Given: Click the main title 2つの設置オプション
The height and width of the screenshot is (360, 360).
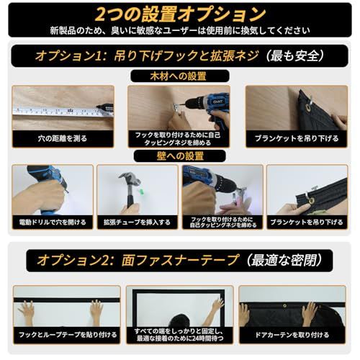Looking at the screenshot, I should [x=179, y=14].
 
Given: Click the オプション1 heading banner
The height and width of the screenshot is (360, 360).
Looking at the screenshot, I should [x=179, y=55].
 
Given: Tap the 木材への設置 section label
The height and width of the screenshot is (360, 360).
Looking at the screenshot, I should [x=179, y=76].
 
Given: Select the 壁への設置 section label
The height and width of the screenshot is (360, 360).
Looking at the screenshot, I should [x=179, y=156].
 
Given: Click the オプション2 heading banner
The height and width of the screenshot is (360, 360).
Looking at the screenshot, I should [x=179, y=260].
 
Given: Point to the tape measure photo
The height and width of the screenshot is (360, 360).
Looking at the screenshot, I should [x=63, y=108].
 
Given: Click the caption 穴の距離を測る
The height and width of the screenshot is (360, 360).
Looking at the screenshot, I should [x=63, y=136].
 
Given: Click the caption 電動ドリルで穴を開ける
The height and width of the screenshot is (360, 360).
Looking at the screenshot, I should [x=51, y=222].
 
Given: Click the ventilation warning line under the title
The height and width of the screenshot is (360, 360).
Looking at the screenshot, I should [x=179, y=30].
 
